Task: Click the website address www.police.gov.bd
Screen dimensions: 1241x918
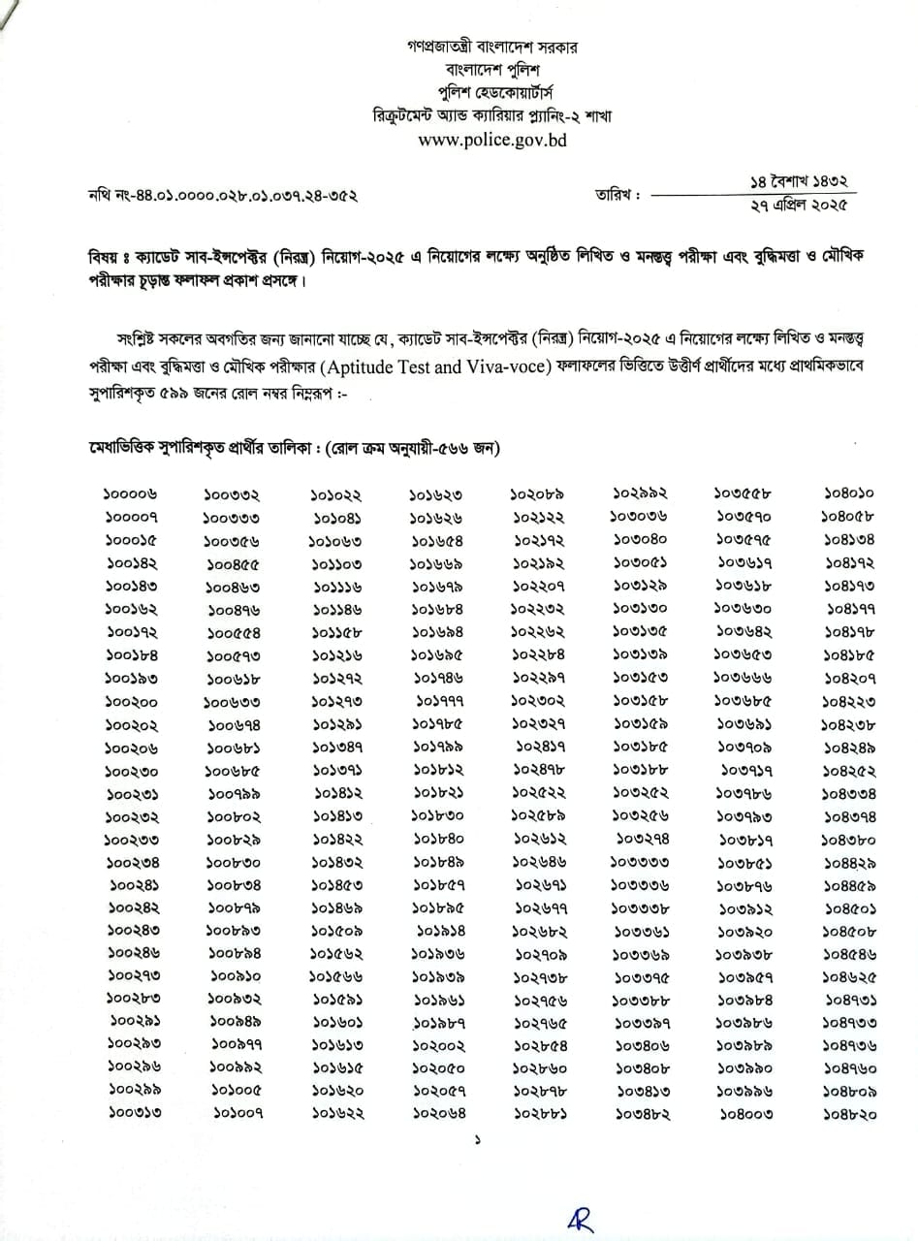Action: coord(491,140)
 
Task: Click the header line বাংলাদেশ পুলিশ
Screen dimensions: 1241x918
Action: coord(491,70)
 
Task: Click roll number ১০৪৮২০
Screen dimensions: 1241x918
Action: coord(849,1114)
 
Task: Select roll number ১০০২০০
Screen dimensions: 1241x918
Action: coord(133,702)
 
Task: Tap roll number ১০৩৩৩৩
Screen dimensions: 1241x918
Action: coord(641,863)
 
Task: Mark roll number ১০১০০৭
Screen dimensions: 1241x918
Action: coord(235,1114)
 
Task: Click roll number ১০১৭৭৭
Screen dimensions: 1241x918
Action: coord(439,702)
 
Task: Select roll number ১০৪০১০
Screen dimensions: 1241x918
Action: coord(850,494)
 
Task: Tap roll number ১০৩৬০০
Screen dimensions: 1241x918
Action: coord(744,610)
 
